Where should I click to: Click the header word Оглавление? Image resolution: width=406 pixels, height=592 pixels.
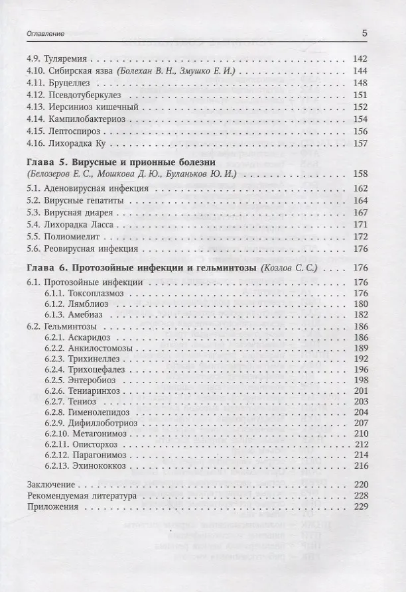[x=46, y=33]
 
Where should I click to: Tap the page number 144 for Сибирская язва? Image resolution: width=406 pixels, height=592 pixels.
[x=360, y=71]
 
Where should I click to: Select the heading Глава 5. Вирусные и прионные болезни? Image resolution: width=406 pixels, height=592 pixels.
[x=121, y=162]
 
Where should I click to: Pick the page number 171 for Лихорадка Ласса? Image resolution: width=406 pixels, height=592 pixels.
[x=360, y=225]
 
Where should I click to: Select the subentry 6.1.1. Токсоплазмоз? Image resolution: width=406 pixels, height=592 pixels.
[x=84, y=292]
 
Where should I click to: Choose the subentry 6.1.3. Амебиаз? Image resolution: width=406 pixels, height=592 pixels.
[x=74, y=315]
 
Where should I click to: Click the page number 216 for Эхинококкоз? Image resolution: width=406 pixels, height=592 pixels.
[x=361, y=467]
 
